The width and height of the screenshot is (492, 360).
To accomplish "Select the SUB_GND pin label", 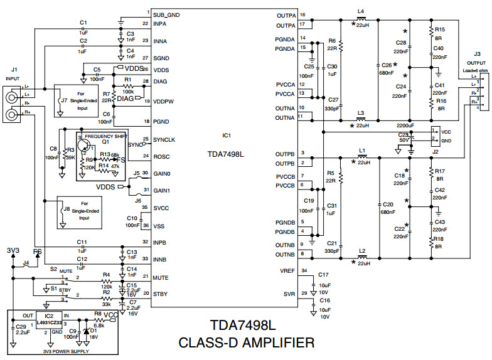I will coord(166,13).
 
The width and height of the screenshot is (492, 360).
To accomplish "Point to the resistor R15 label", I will coord(440,29).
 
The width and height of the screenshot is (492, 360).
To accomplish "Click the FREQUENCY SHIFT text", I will coord(106,136).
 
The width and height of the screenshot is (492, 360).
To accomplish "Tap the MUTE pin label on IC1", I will coord(161,277).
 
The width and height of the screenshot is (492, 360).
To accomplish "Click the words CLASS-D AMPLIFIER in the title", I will coord(246,343).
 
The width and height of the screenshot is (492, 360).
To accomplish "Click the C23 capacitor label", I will coord(402,135).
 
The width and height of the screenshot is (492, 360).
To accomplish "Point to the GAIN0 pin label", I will coord(163,173).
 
